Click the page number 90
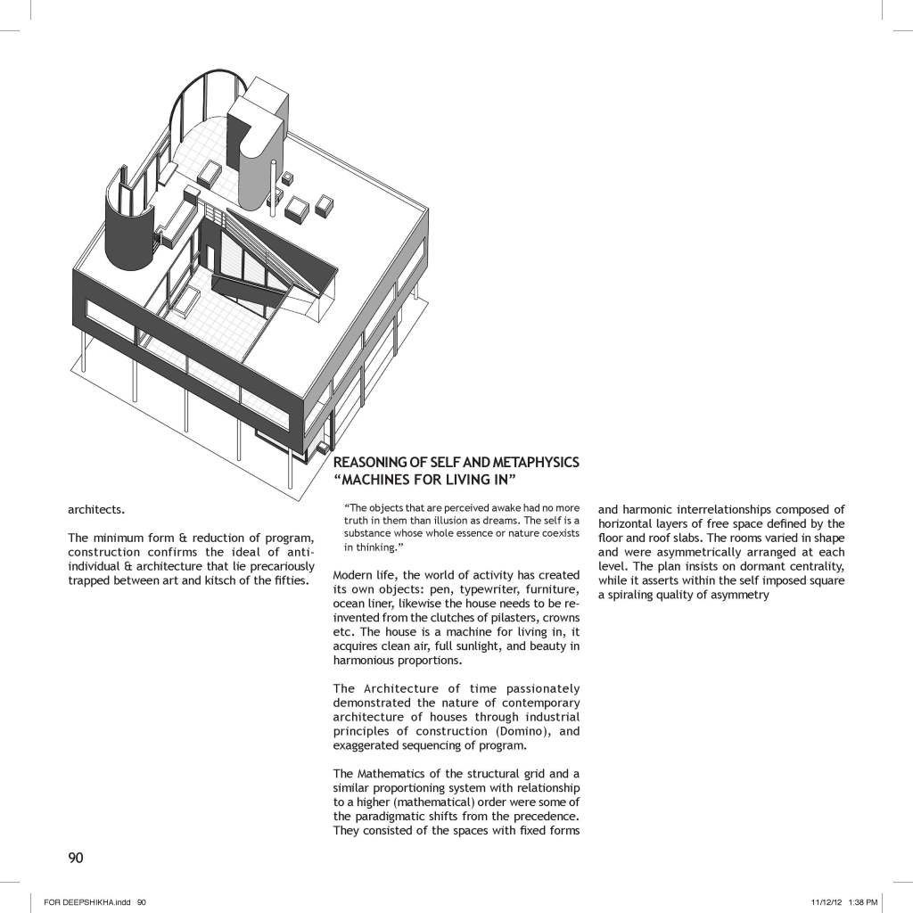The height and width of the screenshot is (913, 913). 76,858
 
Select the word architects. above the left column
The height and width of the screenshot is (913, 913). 96,511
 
